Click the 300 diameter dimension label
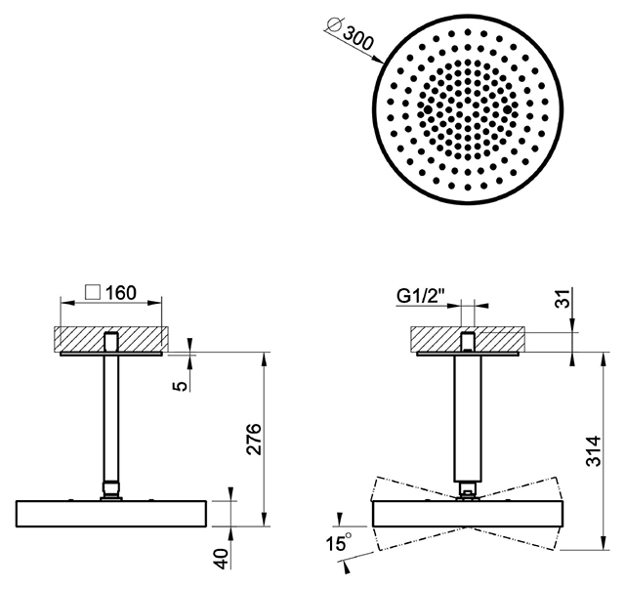[x=358, y=38]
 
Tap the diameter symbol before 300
[x=333, y=24]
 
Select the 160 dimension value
[x=121, y=293]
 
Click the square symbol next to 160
[x=93, y=293]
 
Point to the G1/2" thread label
[x=421, y=296]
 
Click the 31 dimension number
[x=562, y=298]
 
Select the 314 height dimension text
[x=594, y=451]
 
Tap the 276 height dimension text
[x=253, y=439]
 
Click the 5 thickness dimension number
[x=181, y=386]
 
